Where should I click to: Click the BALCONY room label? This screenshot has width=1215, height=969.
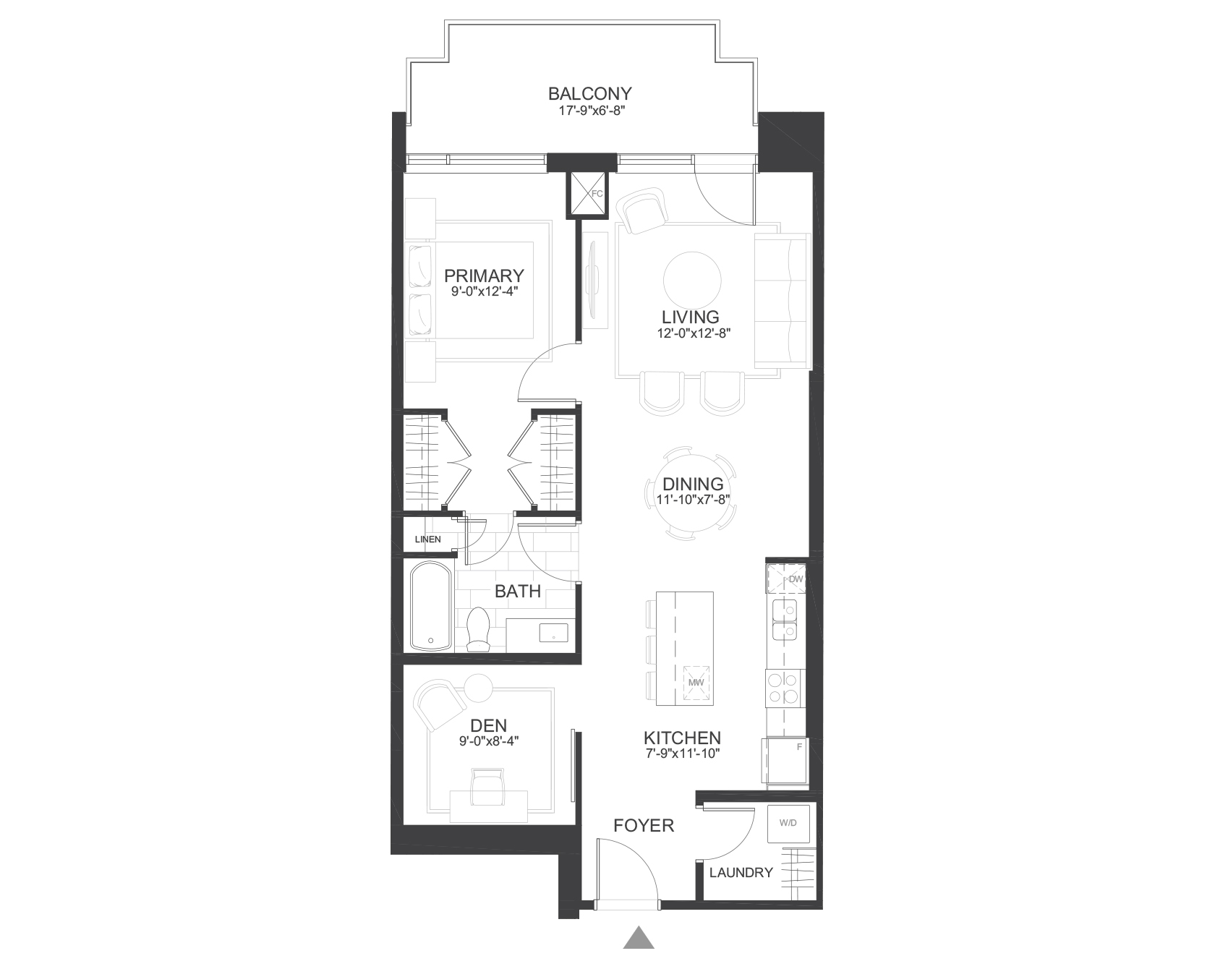[x=589, y=94]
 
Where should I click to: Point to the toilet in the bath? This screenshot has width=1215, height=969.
[x=478, y=628]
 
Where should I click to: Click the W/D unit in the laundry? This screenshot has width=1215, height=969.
[x=788, y=824]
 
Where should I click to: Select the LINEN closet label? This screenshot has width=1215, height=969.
[x=427, y=539]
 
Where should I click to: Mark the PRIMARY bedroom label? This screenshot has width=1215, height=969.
[x=484, y=276]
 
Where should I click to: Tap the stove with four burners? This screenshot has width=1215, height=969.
[x=785, y=688]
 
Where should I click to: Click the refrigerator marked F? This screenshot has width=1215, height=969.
[x=784, y=761]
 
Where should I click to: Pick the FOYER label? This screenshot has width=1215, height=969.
[x=644, y=825]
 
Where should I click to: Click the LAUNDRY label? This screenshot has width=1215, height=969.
[x=741, y=873]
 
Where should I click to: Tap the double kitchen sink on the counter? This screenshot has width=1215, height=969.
[x=785, y=620]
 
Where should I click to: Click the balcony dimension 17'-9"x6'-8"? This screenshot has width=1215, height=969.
[x=589, y=111]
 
